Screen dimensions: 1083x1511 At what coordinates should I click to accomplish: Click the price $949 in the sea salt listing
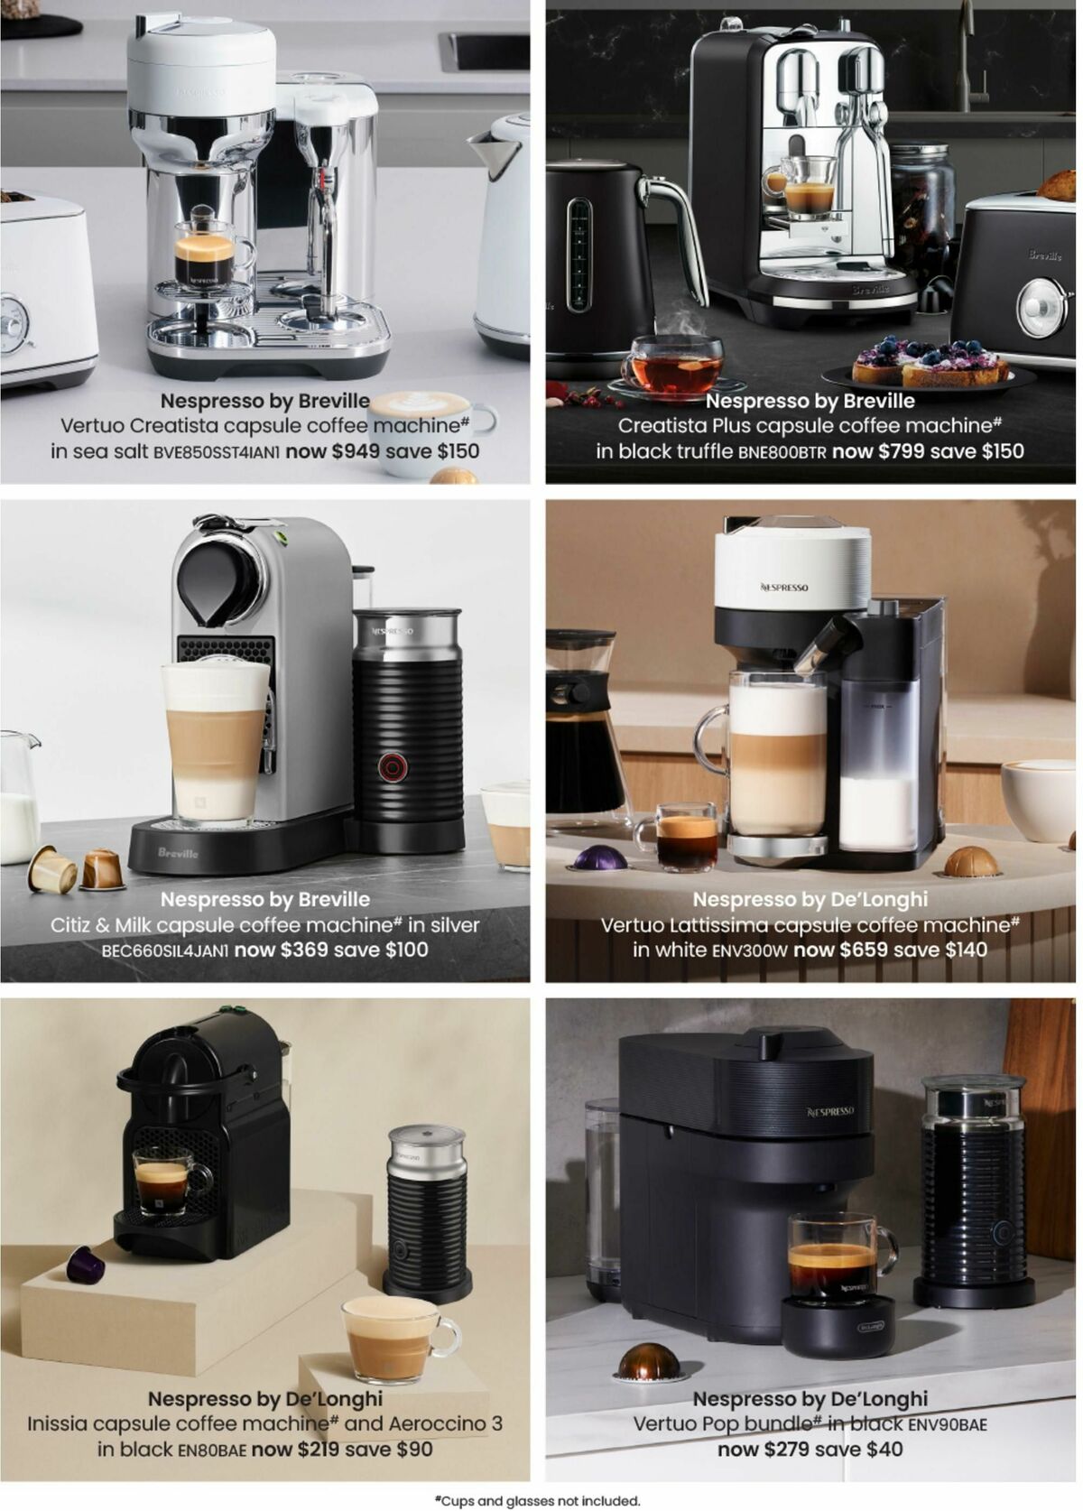[356, 450]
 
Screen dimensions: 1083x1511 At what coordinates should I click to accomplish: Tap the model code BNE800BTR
[782, 452]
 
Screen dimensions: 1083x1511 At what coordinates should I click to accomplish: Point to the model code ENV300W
[750, 950]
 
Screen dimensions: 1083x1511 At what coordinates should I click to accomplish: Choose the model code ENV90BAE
[948, 1424]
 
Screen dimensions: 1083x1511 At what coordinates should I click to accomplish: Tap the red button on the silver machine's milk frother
[390, 765]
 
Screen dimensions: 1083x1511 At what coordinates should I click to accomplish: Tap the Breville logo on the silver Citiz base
[178, 853]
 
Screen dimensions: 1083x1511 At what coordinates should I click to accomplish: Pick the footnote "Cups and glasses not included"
[538, 1500]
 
